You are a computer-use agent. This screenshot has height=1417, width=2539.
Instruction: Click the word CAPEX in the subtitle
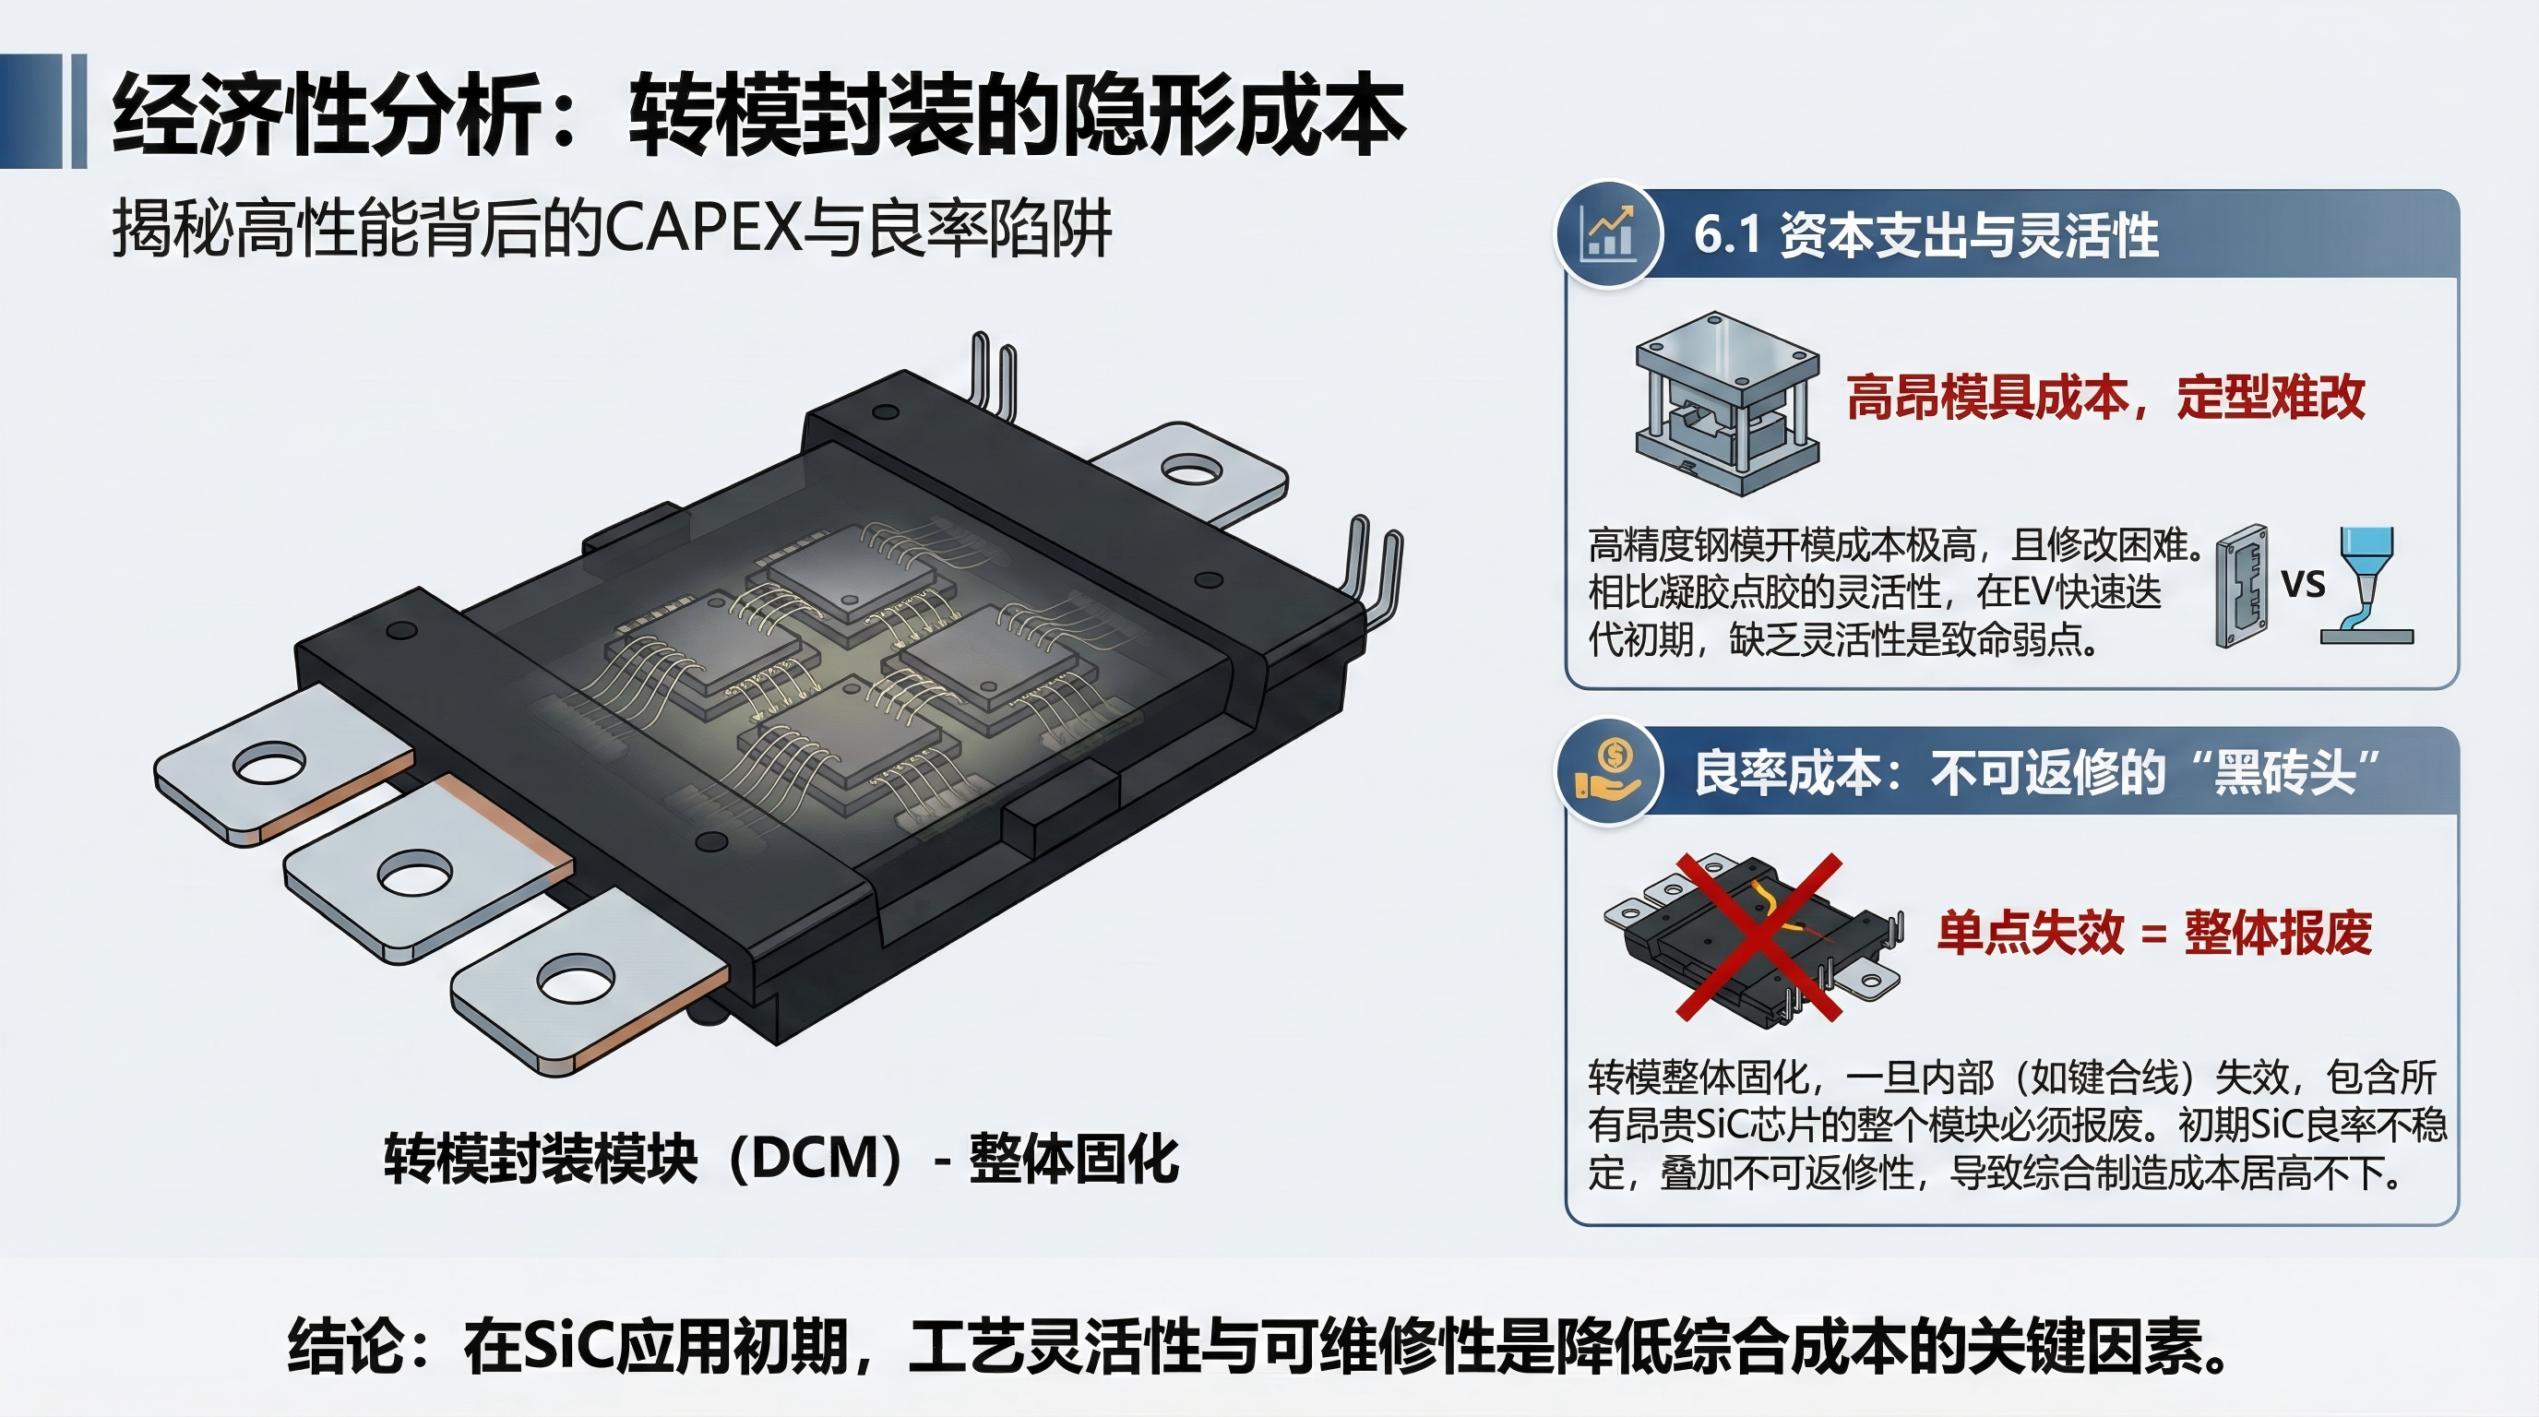tap(702, 229)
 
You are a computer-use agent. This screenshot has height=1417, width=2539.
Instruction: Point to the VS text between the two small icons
tap(2304, 584)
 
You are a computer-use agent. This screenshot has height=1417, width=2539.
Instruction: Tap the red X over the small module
tap(1760, 936)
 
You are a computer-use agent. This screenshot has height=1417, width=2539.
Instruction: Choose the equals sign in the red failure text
tap(2154, 934)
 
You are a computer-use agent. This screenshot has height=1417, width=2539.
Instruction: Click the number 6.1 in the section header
tap(1726, 234)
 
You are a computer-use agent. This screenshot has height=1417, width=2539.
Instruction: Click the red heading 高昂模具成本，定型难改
tap(2105, 397)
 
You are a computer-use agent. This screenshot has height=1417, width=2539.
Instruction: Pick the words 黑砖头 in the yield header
tap(2284, 771)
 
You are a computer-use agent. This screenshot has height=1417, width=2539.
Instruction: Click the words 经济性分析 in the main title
tap(326, 115)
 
